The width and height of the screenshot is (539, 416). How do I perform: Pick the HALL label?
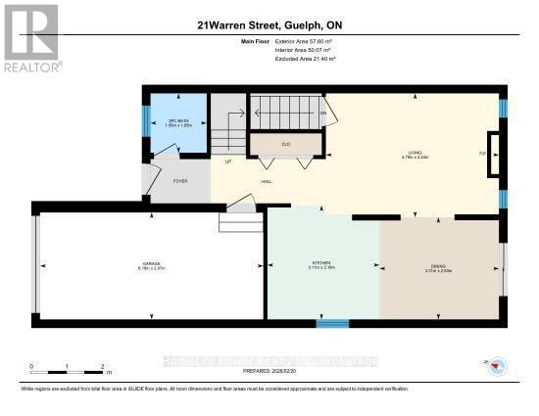[266, 181]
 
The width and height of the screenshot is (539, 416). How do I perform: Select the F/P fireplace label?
[483, 154]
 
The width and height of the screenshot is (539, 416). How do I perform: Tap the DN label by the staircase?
[322, 113]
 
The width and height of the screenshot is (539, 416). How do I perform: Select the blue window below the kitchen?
[331, 322]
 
